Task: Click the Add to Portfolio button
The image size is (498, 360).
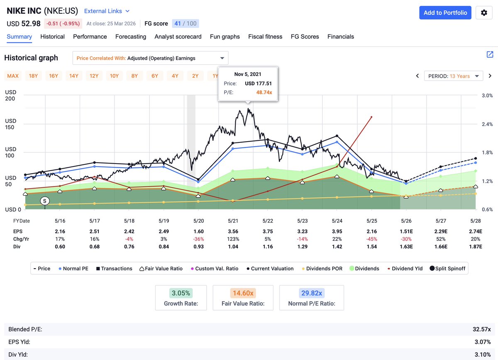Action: click(x=445, y=12)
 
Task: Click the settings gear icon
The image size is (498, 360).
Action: click(x=484, y=13)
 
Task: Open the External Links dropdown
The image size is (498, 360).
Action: click(x=107, y=11)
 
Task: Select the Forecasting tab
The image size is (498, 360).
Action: click(x=131, y=37)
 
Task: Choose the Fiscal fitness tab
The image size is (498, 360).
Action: click(x=265, y=37)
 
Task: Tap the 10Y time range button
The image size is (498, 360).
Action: click(x=114, y=76)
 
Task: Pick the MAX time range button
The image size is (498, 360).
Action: click(x=13, y=76)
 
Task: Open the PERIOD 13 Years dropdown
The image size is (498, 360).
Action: click(x=454, y=76)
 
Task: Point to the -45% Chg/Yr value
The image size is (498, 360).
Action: click(x=371, y=239)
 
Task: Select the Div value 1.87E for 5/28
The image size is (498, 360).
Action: click(x=476, y=247)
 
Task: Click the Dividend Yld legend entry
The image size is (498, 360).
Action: click(x=405, y=269)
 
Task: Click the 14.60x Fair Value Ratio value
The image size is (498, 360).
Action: click(x=243, y=293)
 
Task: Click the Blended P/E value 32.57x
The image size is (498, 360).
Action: click(x=481, y=329)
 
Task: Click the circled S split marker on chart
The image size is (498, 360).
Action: click(x=45, y=201)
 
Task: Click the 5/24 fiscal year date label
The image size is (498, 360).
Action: click(x=337, y=221)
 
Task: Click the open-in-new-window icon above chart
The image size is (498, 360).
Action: click(x=490, y=54)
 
